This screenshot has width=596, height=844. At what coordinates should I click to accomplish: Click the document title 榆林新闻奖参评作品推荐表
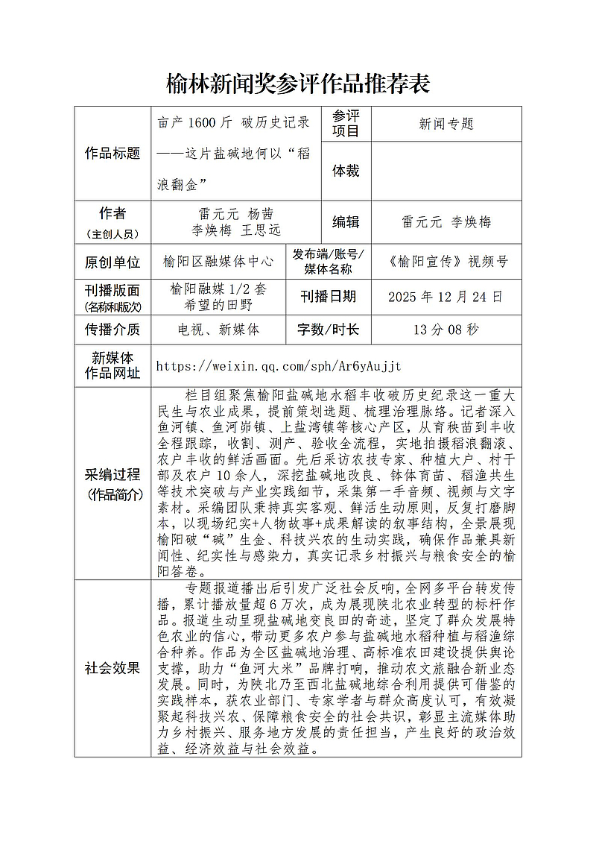click(x=297, y=84)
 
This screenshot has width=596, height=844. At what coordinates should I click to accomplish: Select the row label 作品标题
click(x=112, y=154)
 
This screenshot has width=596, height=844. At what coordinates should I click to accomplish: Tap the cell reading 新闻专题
click(x=446, y=124)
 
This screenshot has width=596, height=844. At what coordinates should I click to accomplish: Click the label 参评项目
click(x=346, y=124)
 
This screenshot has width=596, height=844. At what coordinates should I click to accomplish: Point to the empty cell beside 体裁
click(x=446, y=171)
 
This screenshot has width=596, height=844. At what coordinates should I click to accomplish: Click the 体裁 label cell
click(x=346, y=171)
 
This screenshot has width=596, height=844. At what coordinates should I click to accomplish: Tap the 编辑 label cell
click(x=346, y=222)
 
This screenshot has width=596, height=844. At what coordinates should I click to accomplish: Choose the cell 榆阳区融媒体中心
click(x=218, y=262)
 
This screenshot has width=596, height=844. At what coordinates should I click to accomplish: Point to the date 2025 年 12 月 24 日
click(x=446, y=297)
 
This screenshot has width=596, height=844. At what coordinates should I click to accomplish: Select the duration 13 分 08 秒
click(x=446, y=329)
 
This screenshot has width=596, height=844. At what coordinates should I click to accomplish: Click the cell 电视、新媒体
click(x=218, y=329)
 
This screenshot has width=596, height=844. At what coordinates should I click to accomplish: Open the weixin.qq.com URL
click(x=279, y=366)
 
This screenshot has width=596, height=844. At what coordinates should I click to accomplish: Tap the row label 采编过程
click(x=112, y=474)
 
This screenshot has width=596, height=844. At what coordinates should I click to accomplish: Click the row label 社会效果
click(x=112, y=668)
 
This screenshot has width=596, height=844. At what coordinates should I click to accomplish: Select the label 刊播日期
click(x=328, y=297)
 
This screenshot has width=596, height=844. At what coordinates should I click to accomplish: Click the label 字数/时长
click(x=328, y=329)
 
